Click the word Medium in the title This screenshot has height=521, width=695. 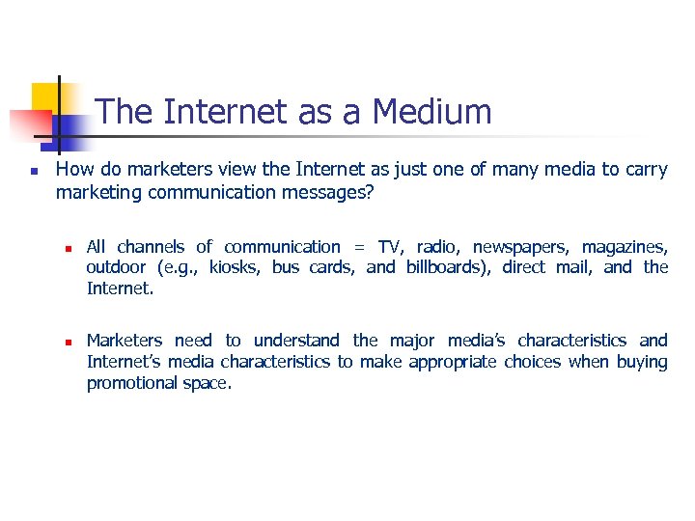[x=432, y=112]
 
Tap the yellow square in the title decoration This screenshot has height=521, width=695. [x=46, y=96]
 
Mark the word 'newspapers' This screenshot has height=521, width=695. [x=518, y=248]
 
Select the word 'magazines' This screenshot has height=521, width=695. [x=624, y=248]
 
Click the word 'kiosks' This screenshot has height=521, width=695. [x=234, y=267]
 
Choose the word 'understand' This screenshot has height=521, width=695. [x=295, y=341]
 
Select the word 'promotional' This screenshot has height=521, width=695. [x=132, y=383]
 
